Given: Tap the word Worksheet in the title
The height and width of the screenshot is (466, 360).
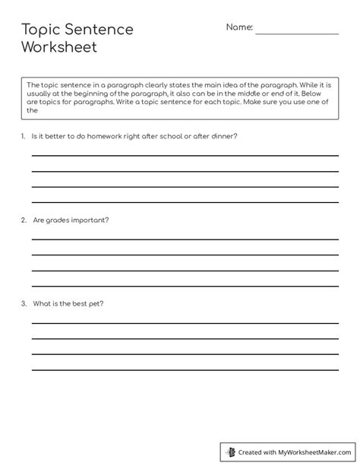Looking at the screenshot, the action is click(x=59, y=48).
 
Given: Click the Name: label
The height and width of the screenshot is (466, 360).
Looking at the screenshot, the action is click(x=239, y=27).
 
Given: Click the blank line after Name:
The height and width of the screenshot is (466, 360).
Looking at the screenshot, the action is click(x=296, y=33).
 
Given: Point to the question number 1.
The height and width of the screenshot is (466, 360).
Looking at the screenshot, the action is click(x=24, y=136).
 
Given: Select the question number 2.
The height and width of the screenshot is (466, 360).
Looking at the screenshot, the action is click(x=24, y=220).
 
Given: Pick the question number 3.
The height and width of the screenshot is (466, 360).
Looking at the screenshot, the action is click(x=24, y=304).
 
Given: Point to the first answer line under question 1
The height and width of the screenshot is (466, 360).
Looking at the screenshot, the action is click(x=185, y=155).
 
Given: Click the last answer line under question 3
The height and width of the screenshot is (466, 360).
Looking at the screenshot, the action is click(x=185, y=369).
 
